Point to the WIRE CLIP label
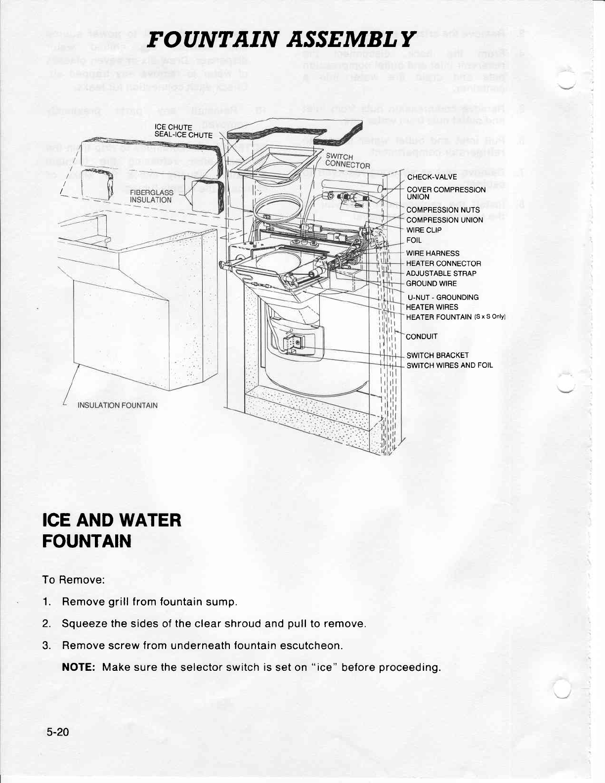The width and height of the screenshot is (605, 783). tap(424, 230)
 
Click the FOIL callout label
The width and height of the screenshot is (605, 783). tap(414, 240)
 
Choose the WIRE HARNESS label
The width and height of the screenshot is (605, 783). tap(432, 254)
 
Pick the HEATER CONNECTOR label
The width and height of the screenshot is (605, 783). tap(443, 263)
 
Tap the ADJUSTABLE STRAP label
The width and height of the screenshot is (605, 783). tap(441, 273)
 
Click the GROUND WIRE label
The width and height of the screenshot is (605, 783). tap(431, 283)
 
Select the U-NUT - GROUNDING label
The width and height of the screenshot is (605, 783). tap(443, 297)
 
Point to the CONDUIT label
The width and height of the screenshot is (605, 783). tap(422, 337)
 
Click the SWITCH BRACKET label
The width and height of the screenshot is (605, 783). tap(437, 355)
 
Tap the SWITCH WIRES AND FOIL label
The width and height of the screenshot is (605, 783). tap(449, 366)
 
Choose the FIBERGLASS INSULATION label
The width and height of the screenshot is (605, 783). tap(151, 196)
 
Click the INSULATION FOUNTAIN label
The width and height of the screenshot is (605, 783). tap(118, 405)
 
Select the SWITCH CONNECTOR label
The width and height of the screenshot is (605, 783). tap(348, 161)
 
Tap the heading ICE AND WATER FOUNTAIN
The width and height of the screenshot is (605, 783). tap(112, 530)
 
